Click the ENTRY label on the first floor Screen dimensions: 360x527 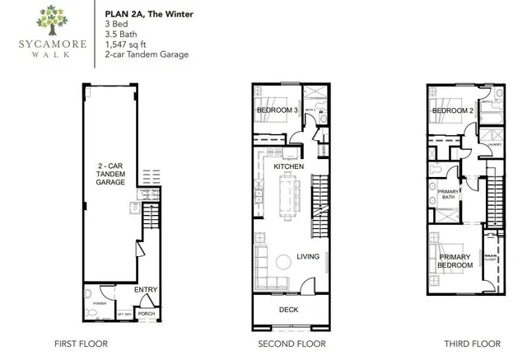(x=146, y=289)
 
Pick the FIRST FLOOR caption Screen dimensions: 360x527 (x=80, y=344)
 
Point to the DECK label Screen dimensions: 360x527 (x=288, y=310)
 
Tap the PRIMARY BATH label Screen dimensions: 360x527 (x=437, y=194)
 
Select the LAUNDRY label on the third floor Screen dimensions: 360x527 (x=494, y=144)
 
